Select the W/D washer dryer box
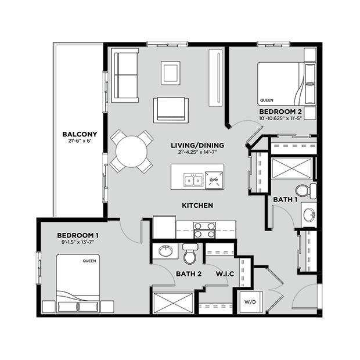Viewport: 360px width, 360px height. [x=249, y=301]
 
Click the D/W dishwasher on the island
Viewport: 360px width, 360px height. [x=213, y=180]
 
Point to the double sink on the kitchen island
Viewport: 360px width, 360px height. [x=193, y=181]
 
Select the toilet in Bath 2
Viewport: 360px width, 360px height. [x=190, y=254]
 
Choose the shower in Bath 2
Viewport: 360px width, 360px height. [x=172, y=302]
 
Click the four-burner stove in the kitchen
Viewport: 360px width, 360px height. [x=204, y=230]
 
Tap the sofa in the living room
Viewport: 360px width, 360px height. [x=124, y=76]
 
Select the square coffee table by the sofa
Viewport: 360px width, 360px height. [x=170, y=73]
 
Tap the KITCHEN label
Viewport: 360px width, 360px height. [x=197, y=206]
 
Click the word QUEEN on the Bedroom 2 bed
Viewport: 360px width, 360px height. [x=267, y=100]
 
